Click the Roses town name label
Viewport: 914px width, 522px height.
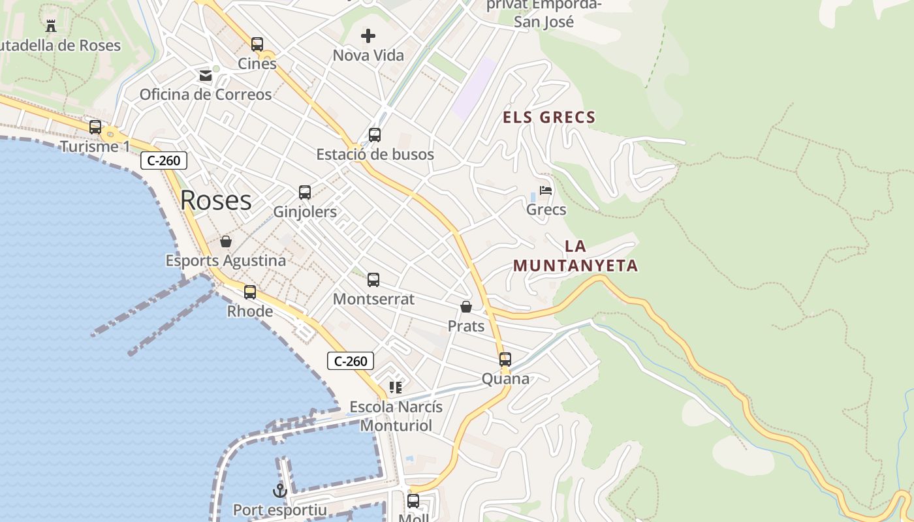pyautogui.click(x=215, y=200)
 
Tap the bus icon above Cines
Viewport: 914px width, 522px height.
pyautogui.click(x=257, y=44)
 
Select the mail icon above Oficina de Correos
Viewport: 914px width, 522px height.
pyautogui.click(x=206, y=76)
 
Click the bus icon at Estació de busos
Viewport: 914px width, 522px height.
pyautogui.click(x=375, y=135)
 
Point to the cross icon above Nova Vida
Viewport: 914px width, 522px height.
pyautogui.click(x=368, y=36)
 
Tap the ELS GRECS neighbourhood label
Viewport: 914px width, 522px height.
pyautogui.click(x=549, y=117)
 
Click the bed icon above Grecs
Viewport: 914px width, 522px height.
pyautogui.click(x=546, y=191)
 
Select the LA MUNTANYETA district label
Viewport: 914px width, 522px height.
pyautogui.click(x=575, y=256)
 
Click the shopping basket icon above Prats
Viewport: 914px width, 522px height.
pyautogui.click(x=466, y=307)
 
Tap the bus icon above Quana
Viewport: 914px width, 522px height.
pyautogui.click(x=505, y=360)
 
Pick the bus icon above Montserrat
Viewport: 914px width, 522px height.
pyautogui.click(x=373, y=280)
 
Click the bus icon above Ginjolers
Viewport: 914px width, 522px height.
pyautogui.click(x=305, y=192)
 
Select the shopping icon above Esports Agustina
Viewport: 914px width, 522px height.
pyautogui.click(x=226, y=241)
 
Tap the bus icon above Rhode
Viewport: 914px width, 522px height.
pyautogui.click(x=250, y=292)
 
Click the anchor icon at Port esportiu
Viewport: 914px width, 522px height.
pyautogui.click(x=280, y=491)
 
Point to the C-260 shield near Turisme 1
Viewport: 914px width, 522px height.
pyautogui.click(x=164, y=161)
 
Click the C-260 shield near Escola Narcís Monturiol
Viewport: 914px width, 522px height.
pyautogui.click(x=351, y=361)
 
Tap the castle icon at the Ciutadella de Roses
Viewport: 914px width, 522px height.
pyautogui.click(x=51, y=26)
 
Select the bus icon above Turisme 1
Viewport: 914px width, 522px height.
pyautogui.click(x=95, y=127)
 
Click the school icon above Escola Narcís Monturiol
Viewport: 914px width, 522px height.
pyautogui.click(x=396, y=388)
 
